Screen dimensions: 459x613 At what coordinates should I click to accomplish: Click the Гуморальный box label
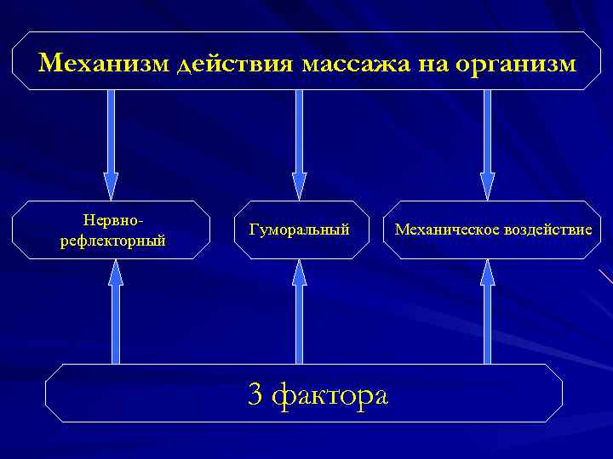300,230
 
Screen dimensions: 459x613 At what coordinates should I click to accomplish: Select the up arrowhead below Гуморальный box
299,273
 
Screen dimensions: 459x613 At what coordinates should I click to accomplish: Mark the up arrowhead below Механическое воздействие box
487,273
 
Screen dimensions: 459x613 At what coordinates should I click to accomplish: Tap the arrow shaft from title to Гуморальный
299,132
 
